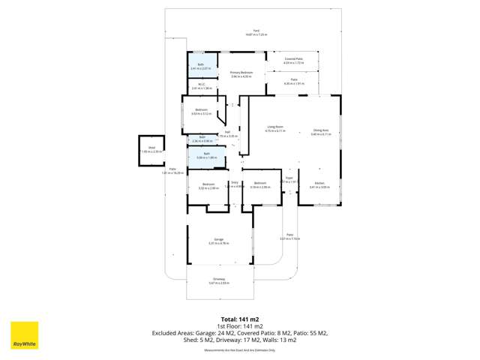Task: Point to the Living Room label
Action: (275, 129)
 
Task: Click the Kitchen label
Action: (319, 184)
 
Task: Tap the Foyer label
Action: (289, 178)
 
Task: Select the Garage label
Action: (217, 241)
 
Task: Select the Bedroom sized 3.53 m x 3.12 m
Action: (201, 112)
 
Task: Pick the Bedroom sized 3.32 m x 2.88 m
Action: (208, 185)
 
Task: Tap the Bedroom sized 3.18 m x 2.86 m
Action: (259, 184)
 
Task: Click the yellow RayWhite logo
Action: (24, 336)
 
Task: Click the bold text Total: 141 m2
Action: (239, 318)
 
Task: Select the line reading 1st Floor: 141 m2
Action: (239, 325)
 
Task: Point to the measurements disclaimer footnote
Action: (239, 349)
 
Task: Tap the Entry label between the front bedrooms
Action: (235, 184)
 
